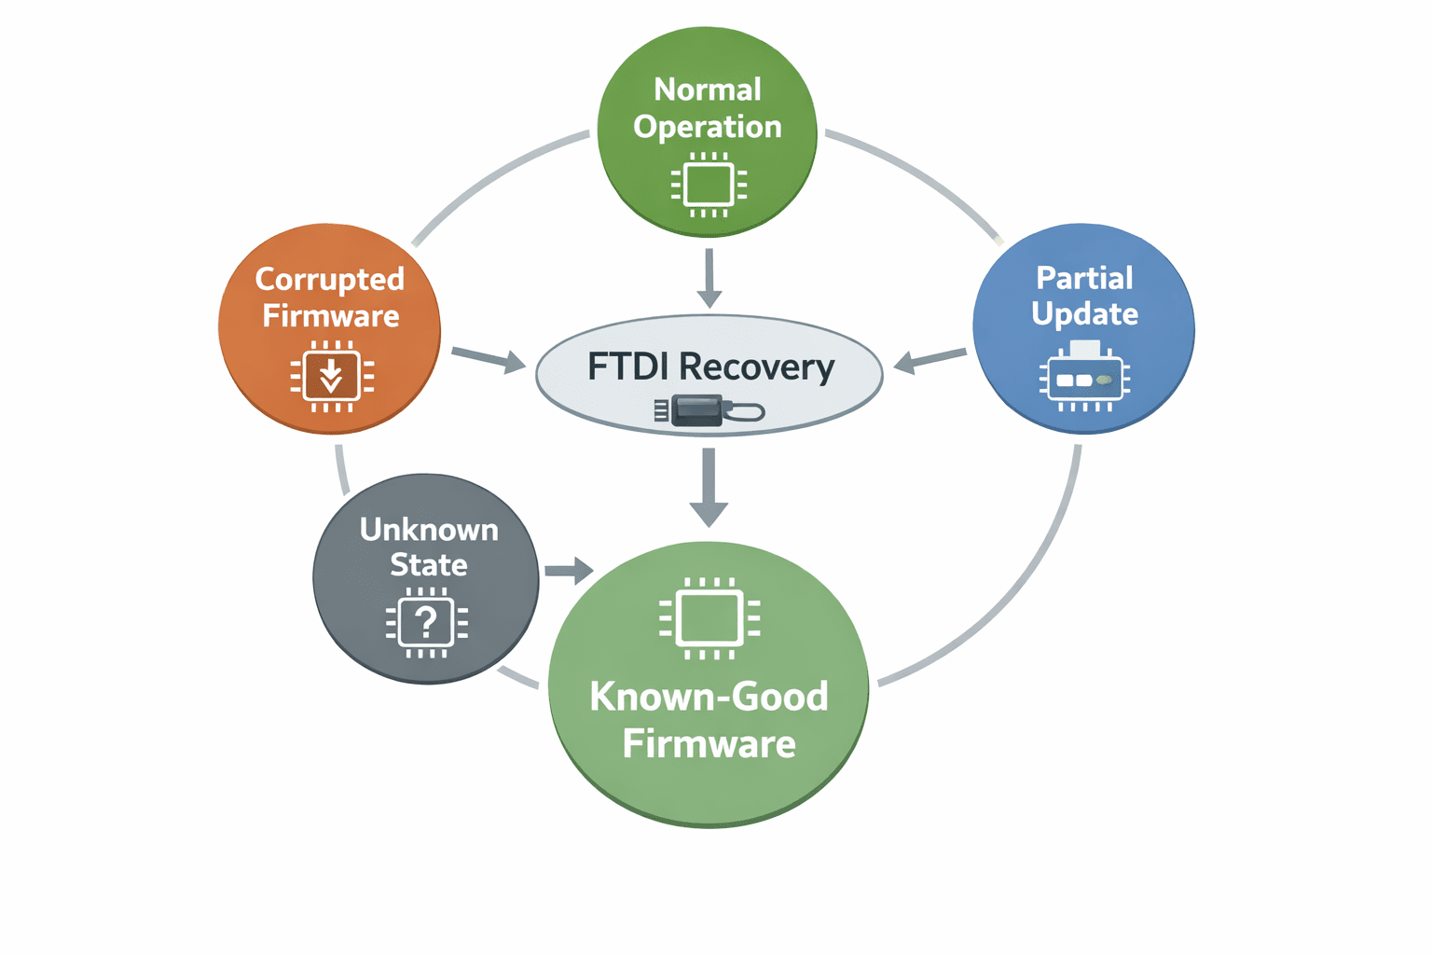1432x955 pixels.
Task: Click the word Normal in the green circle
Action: [x=708, y=90]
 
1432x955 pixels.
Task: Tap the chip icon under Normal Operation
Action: [x=709, y=185]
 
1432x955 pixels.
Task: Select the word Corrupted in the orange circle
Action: [x=330, y=280]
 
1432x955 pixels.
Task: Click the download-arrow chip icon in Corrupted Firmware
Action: [x=331, y=377]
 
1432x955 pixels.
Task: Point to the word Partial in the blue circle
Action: [x=1084, y=278]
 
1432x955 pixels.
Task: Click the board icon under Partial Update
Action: [x=1084, y=376]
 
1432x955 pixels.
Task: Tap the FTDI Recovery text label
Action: [x=710, y=367]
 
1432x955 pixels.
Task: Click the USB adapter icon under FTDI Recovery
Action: [x=709, y=410]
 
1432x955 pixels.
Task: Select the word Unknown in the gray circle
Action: [x=429, y=531]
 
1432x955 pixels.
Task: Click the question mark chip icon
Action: [x=426, y=622]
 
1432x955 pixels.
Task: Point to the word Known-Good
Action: [x=709, y=697]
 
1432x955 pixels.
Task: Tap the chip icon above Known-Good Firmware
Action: [x=709, y=618]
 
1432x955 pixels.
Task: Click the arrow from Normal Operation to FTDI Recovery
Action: [x=709, y=278]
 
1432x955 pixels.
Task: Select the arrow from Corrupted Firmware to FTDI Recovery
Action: [x=489, y=359]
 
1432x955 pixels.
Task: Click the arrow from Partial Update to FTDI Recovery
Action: [x=929, y=361]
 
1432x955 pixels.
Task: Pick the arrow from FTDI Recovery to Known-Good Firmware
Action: [x=709, y=488]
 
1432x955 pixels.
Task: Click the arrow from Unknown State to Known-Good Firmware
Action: [x=570, y=570]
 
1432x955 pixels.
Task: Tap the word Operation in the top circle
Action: [x=708, y=128]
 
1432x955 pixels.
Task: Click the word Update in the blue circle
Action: [x=1084, y=314]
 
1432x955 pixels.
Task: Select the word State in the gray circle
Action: [x=429, y=565]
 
